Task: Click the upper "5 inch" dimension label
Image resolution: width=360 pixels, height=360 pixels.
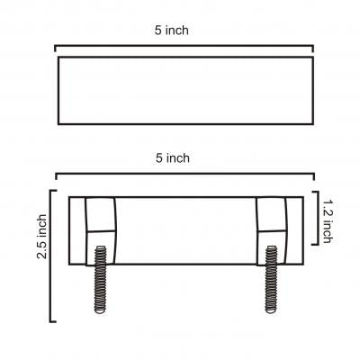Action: tap(172, 31)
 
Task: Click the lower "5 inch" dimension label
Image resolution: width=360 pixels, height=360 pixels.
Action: tap(173, 158)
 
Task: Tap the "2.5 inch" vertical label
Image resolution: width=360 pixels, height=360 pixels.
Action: tap(42, 237)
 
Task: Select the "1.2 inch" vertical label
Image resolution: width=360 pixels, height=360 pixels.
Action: tap(328, 221)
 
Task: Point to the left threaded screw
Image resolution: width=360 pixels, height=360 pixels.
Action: tap(100, 280)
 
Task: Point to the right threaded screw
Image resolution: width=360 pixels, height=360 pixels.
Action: tap(271, 279)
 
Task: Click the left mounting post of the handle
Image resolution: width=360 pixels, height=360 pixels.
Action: tap(101, 231)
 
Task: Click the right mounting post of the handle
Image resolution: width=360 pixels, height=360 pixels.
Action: tap(272, 231)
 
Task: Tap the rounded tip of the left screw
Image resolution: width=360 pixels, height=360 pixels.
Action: tap(100, 310)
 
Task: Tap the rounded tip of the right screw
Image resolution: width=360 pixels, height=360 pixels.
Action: tap(271, 310)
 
